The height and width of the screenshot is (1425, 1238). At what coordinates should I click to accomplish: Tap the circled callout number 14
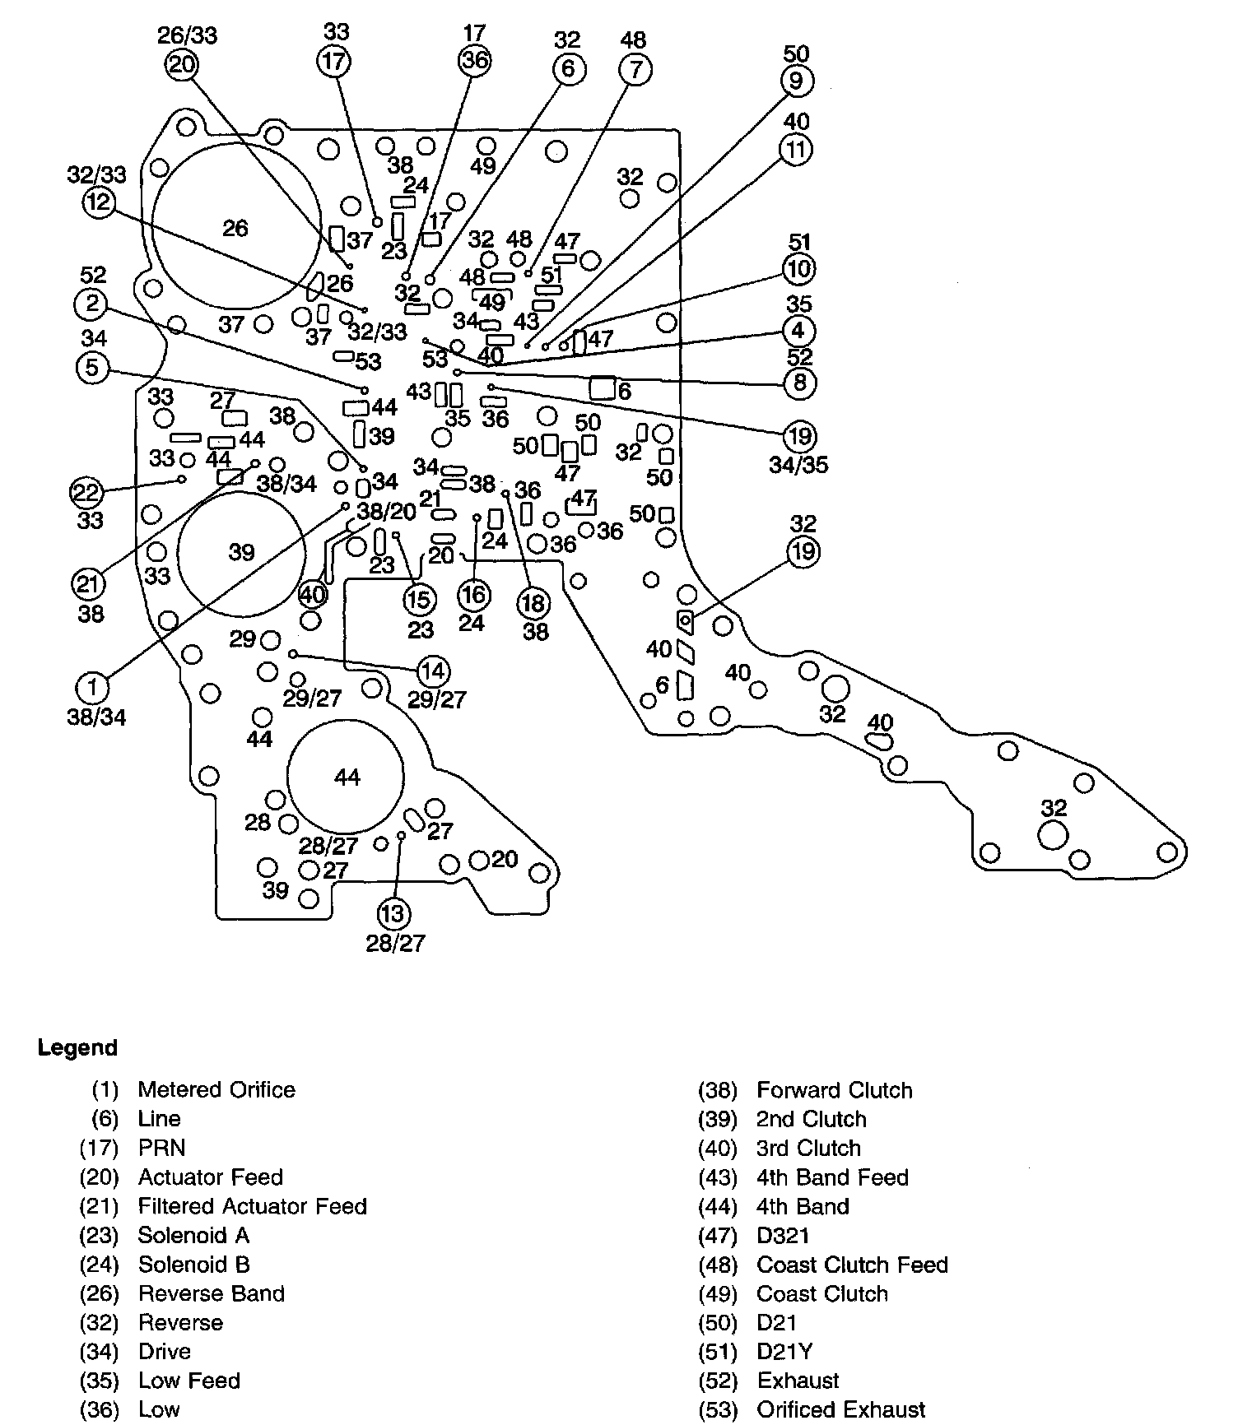point(433,671)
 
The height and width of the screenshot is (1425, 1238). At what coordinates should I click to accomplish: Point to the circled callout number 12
point(99,202)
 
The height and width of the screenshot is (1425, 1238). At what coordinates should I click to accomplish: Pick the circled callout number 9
point(796,81)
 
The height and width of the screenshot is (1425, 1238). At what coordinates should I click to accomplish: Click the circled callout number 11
point(796,150)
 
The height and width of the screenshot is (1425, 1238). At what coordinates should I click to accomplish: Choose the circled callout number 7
point(635,69)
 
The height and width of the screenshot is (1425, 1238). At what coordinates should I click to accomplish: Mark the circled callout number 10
point(799,269)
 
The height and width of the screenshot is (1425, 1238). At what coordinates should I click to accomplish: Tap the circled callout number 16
point(473,595)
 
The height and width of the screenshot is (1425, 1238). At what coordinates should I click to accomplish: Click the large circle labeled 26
point(235,228)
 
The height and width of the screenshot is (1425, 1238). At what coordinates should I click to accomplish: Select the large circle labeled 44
point(347,777)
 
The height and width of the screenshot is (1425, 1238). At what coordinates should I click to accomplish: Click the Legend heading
point(77,1048)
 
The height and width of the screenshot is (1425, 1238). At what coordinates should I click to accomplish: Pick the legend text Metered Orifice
point(216,1090)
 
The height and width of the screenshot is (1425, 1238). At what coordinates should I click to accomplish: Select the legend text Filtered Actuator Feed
point(252,1206)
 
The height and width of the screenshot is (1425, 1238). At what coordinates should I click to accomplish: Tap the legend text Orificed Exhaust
point(840,1410)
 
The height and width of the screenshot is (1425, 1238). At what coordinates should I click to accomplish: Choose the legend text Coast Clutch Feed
point(852,1265)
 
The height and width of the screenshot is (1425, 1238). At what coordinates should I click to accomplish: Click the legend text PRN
point(161,1148)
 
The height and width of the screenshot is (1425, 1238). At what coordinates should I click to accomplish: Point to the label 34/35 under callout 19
point(798,465)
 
